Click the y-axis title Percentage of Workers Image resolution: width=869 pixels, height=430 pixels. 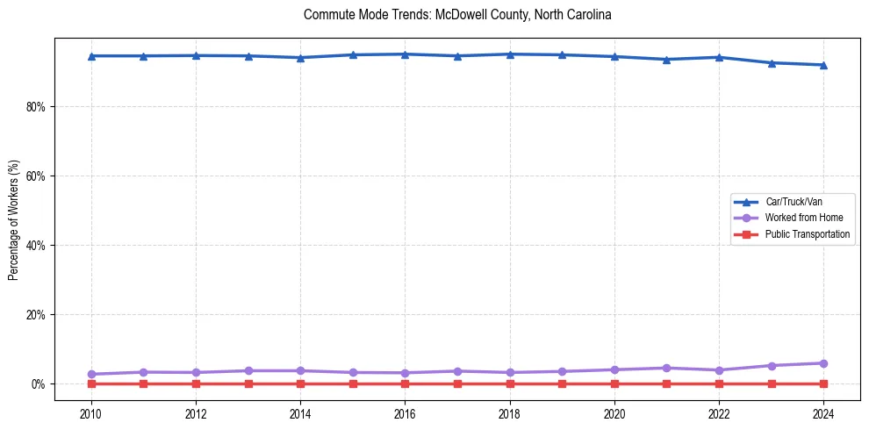click(13, 220)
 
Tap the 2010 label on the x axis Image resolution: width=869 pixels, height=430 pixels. click(90, 412)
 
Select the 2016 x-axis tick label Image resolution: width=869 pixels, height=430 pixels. click(405, 412)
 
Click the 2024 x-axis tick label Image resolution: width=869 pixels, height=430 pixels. click(823, 412)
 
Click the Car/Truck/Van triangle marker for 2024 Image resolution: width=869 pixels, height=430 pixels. click(823, 65)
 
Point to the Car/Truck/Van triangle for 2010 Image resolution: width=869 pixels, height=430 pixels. click(90, 56)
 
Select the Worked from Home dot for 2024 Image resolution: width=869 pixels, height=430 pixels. click(823, 363)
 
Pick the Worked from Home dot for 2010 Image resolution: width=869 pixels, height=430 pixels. click(90, 374)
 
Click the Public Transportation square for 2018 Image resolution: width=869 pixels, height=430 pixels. click(509, 383)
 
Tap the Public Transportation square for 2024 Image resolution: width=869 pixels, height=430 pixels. click(823, 383)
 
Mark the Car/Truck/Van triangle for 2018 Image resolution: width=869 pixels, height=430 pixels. click(509, 54)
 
